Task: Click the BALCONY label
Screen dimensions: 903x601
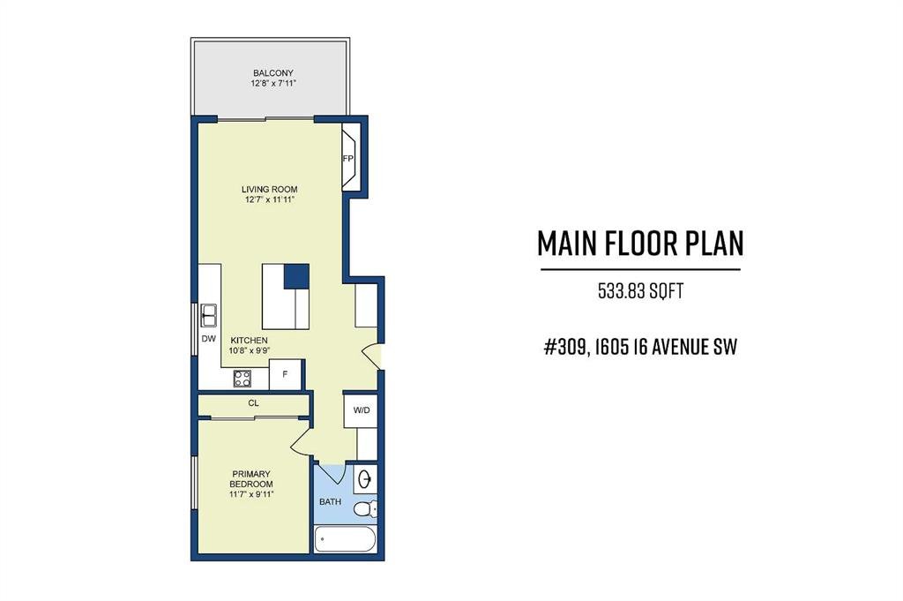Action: click(x=273, y=73)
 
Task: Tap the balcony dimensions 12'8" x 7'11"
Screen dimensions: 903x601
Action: click(x=273, y=84)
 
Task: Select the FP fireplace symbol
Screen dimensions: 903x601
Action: click(x=351, y=157)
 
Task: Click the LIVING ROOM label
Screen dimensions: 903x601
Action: click(x=270, y=189)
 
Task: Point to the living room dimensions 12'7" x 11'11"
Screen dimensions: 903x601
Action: click(x=270, y=200)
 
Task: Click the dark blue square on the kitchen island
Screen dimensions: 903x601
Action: click(x=296, y=276)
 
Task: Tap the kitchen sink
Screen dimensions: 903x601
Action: click(x=208, y=315)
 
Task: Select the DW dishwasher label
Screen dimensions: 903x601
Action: click(x=208, y=339)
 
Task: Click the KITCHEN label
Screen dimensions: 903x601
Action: click(x=250, y=341)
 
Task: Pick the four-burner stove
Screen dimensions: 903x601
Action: click(x=242, y=379)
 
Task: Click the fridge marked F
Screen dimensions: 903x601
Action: click(x=285, y=374)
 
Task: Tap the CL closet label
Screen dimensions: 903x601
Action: click(x=253, y=403)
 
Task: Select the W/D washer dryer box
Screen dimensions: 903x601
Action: click(x=361, y=410)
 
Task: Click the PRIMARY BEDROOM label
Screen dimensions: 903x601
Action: click(x=251, y=479)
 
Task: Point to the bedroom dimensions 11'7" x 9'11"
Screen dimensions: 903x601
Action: click(x=251, y=494)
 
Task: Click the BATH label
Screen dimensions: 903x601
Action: click(x=330, y=502)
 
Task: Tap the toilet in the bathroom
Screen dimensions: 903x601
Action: click(x=365, y=509)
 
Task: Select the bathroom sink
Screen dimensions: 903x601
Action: click(x=365, y=479)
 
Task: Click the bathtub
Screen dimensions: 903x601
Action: click(x=346, y=539)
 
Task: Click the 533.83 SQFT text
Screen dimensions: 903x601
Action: click(x=640, y=291)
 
